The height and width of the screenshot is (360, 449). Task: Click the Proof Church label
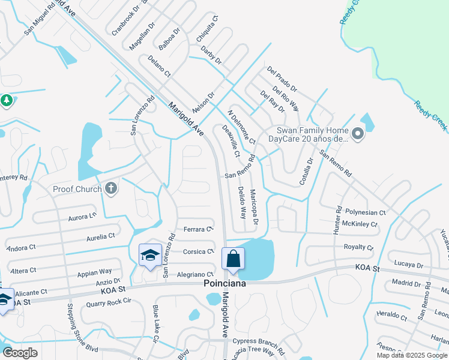[x=76, y=189]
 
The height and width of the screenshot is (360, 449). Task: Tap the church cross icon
[x=110, y=189]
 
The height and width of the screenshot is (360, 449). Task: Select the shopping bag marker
[x=234, y=259]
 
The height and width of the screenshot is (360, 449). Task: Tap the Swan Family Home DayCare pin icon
[x=358, y=134]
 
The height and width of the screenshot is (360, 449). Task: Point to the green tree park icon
[x=7, y=101]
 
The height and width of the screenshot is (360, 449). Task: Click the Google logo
[x=20, y=353]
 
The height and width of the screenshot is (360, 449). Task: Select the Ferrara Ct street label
[x=199, y=229]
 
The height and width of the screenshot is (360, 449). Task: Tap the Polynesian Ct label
[x=366, y=212]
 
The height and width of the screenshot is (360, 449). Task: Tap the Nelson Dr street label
[x=203, y=104]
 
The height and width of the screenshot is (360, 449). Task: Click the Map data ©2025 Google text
[x=411, y=355]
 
